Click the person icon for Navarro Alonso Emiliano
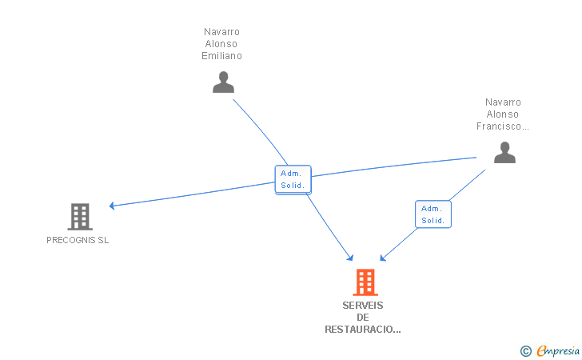point(223,82)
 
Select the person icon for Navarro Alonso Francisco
point(504,152)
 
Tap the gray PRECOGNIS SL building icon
point(79,216)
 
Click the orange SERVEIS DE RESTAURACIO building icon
point(365,282)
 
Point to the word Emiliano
point(221,56)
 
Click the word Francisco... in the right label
point(503,126)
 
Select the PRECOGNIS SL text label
point(78,240)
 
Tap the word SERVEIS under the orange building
point(363,306)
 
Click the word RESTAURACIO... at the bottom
point(363,330)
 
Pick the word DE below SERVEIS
point(363,318)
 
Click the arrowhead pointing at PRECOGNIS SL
point(113,206)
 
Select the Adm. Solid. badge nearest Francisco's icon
point(433,214)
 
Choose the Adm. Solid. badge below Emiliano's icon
point(293,179)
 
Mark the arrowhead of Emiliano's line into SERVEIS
point(349,257)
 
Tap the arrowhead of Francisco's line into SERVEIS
point(384,257)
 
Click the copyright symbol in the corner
point(525,350)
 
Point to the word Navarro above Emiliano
point(221,32)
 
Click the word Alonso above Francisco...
point(503,114)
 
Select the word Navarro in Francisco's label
point(503,102)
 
